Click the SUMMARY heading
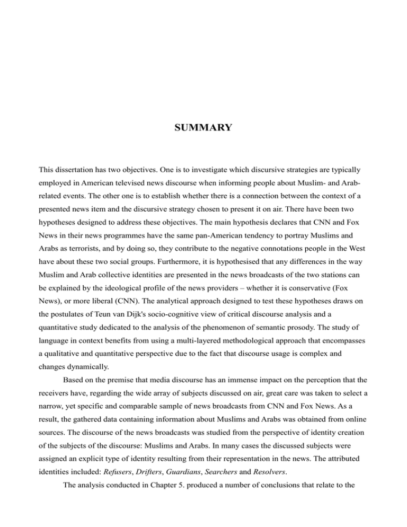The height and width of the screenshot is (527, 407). click(x=203, y=128)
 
